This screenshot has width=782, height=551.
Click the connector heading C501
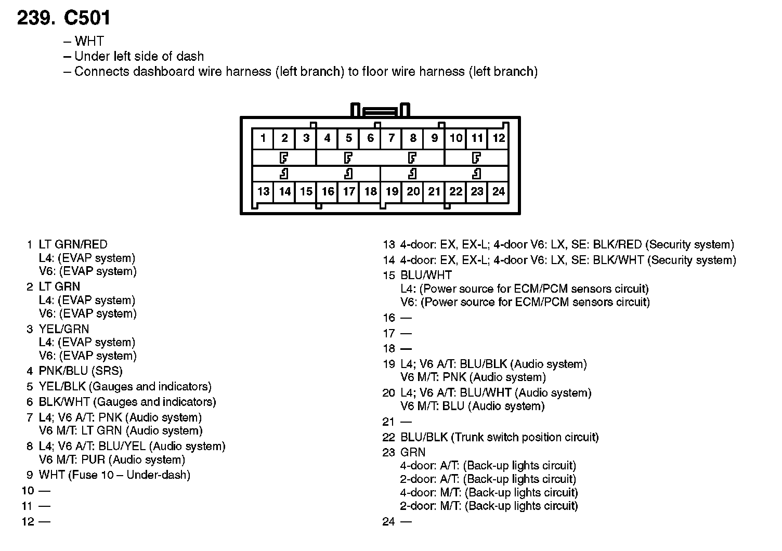(87, 18)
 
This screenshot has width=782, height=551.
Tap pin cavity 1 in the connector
(263, 138)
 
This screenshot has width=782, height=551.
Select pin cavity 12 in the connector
(499, 138)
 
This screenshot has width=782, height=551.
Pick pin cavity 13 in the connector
(263, 191)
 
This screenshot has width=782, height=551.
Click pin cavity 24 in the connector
(499, 191)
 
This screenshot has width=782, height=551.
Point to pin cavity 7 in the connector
(392, 138)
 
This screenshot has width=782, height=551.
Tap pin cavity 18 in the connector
(370, 191)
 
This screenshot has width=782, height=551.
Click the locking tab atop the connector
(381, 111)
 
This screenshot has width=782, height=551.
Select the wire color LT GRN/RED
(73, 244)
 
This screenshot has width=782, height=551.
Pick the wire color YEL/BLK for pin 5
(62, 387)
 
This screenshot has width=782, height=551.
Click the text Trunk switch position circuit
(525, 437)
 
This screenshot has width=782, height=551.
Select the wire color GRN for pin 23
(413, 452)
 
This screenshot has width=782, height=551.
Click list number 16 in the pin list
(389, 318)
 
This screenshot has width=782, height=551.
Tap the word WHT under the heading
(89, 41)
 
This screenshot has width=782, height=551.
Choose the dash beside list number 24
(406, 521)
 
